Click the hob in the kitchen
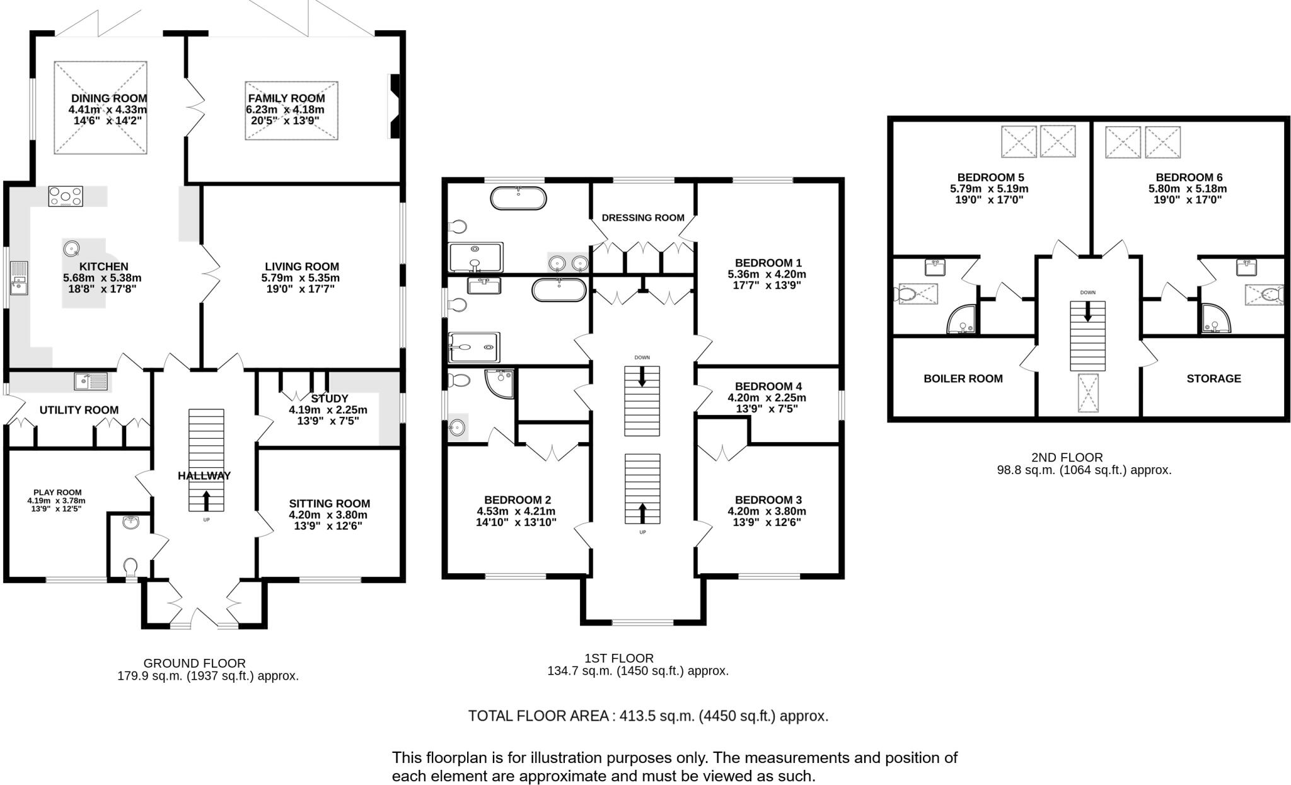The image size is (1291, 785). pos(66,196)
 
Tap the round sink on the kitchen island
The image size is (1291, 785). pos(71,248)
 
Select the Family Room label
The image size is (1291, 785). pos(286,98)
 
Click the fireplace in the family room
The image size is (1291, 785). pos(395,106)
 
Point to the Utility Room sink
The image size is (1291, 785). pos(91,381)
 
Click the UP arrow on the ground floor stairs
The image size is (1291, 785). pos(206,501)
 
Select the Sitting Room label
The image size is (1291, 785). pos(329,503)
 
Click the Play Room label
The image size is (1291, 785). pos(57,492)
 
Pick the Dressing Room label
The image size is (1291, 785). pos(643,218)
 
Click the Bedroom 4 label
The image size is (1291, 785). pos(768,386)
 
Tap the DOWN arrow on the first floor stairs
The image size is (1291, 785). pos(642,376)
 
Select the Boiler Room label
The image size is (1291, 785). pos(963,378)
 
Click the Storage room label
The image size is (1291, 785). pos(1213,378)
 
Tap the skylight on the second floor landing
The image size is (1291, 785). pos(1087,393)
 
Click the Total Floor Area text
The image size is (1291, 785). pos(648,716)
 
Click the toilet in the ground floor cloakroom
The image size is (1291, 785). pos(130,567)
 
